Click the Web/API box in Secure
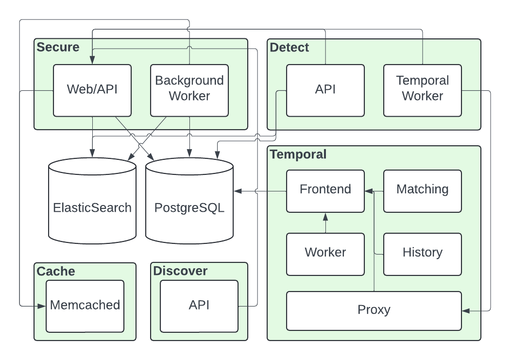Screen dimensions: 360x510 92,90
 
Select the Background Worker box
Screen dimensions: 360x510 189,90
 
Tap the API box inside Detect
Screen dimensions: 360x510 325,90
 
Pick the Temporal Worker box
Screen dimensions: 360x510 423,90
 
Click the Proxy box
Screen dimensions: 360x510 374,310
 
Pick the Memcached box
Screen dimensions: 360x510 85,306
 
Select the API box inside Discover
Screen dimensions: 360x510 199,306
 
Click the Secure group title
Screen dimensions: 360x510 58,47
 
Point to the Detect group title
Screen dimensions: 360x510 289,47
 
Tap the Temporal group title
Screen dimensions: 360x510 298,154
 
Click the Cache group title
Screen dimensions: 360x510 56,271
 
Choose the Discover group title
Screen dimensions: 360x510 180,271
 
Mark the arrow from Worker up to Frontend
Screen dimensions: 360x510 325,223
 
